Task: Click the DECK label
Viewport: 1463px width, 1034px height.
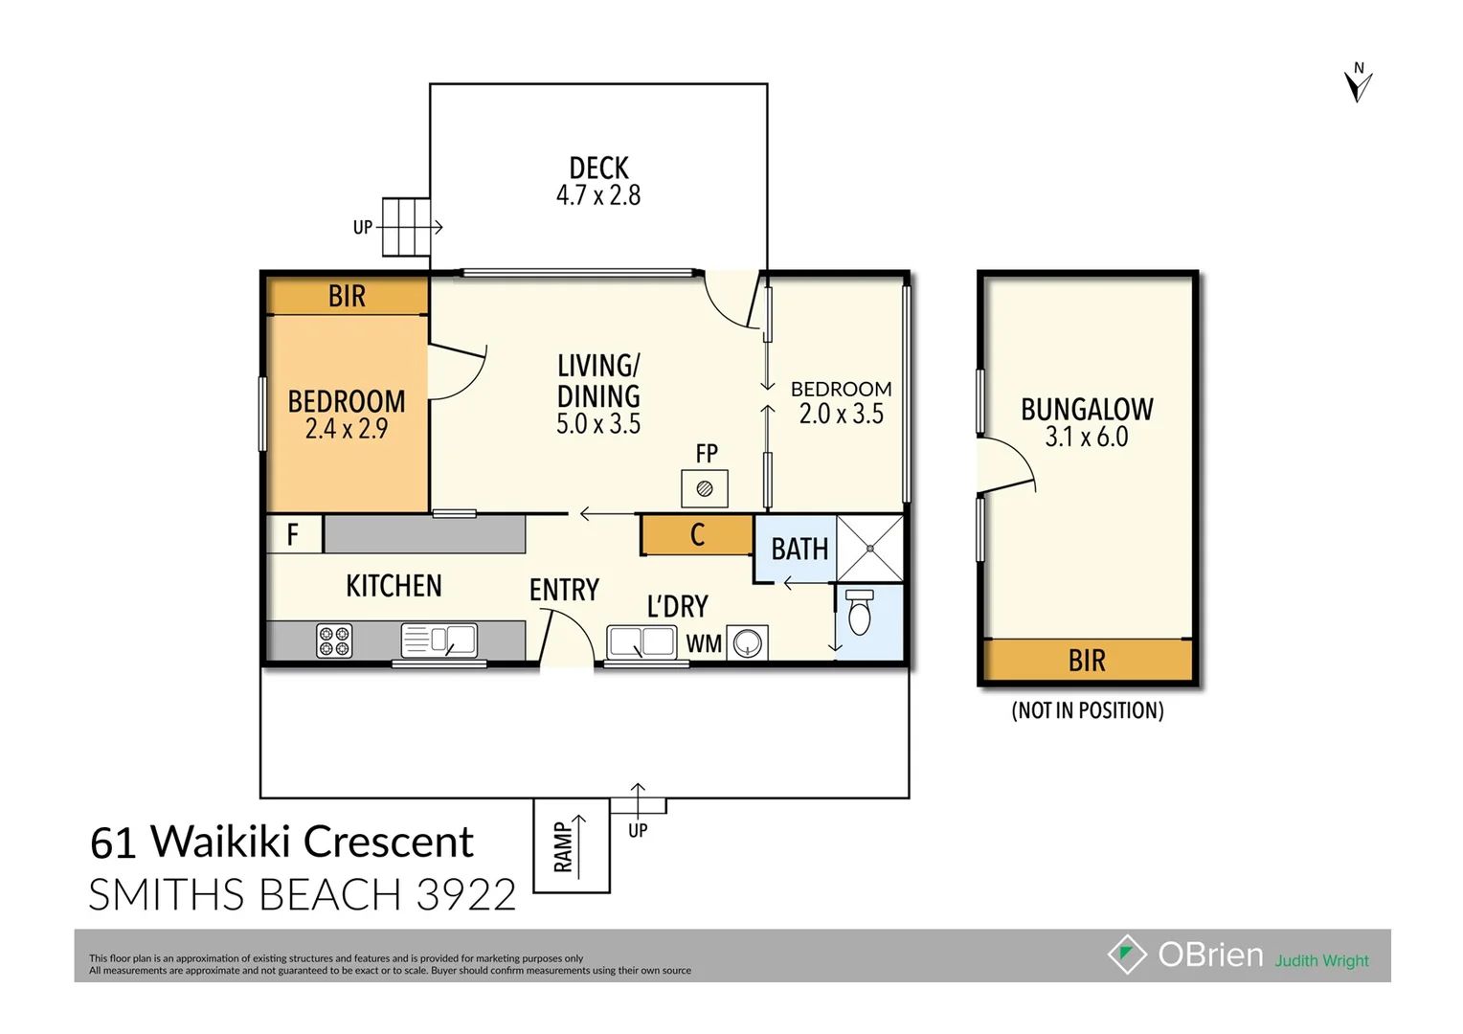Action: tap(598, 169)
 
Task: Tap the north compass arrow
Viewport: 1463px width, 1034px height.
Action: tap(1358, 84)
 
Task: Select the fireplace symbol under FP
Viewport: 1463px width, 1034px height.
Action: tap(705, 489)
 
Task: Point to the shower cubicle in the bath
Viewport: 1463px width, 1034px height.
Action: tap(870, 549)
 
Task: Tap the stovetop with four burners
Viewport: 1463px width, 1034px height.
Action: tap(334, 641)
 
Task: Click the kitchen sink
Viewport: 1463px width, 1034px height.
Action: tap(439, 640)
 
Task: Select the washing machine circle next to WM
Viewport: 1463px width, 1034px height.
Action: tap(747, 643)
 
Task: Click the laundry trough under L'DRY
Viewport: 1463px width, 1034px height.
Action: tap(641, 641)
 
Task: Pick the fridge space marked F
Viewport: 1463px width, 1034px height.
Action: tap(293, 534)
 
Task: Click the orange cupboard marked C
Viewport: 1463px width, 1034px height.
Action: tap(697, 535)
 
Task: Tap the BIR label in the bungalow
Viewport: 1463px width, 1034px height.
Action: tap(1087, 661)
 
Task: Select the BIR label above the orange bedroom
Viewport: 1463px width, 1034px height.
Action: tap(347, 297)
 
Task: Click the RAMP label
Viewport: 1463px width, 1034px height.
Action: tap(564, 847)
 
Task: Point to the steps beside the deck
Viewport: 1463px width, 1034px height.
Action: tap(406, 227)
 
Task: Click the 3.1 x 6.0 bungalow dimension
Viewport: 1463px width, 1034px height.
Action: tap(1087, 438)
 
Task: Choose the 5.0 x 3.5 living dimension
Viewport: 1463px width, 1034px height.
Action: tap(598, 424)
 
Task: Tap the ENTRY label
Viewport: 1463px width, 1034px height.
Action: tap(564, 590)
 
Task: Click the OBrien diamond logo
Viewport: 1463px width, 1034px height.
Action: tap(1127, 955)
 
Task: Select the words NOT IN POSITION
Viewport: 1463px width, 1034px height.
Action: tap(1088, 710)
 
